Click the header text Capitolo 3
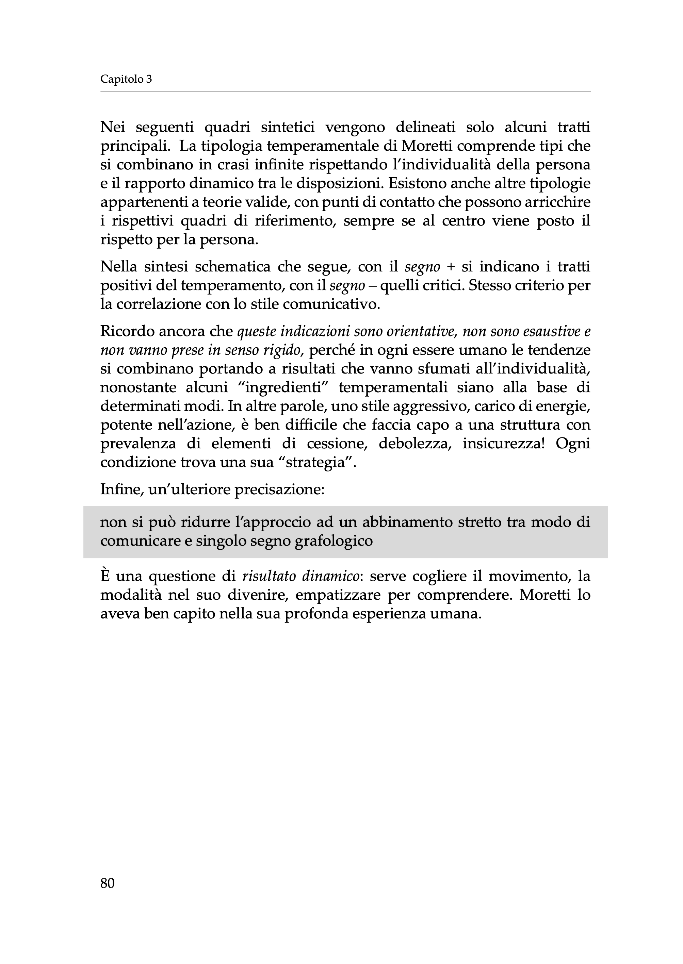tap(126, 79)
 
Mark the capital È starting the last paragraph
tap(105, 576)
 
